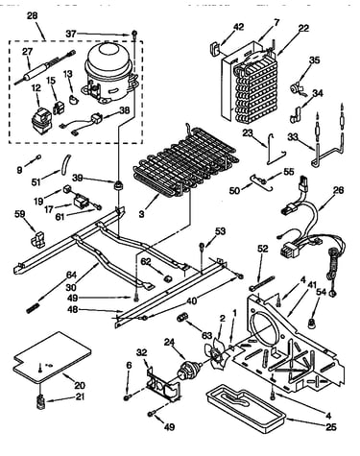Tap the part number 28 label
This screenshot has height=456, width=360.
click(32, 15)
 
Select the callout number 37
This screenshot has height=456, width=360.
click(72, 34)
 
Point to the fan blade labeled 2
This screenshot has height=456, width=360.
click(219, 352)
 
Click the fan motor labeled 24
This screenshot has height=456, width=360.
click(188, 371)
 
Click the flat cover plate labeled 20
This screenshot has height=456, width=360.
click(52, 357)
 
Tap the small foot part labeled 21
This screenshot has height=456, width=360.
click(40, 402)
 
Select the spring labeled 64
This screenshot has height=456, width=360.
click(33, 309)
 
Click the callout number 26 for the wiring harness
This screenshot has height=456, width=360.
click(338, 190)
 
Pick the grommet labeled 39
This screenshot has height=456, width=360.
click(119, 185)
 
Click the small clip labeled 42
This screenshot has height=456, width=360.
click(215, 47)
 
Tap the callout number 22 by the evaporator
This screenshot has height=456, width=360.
click(303, 28)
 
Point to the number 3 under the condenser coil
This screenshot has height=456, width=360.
click(141, 214)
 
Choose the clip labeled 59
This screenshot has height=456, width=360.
click(38, 239)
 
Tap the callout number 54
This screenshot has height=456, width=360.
click(322, 292)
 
